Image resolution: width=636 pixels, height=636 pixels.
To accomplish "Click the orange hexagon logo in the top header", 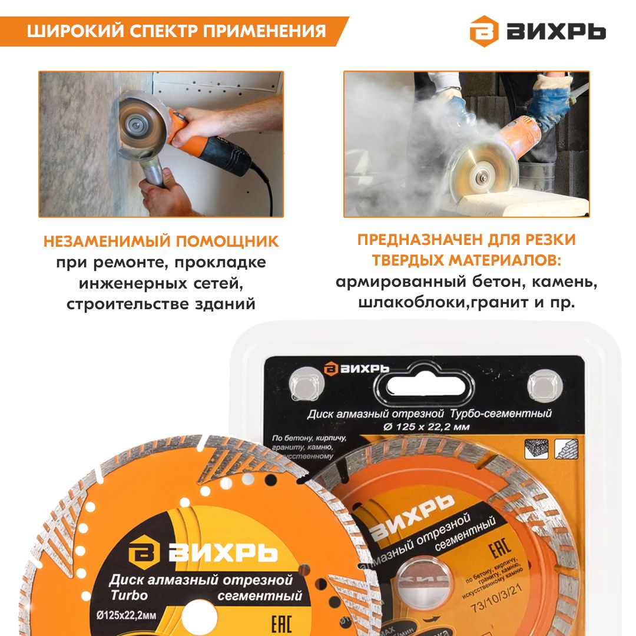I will click(x=483, y=31).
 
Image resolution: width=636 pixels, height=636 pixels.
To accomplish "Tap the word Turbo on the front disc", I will click(x=129, y=595).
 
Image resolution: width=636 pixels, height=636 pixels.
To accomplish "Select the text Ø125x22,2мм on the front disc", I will click(x=127, y=616).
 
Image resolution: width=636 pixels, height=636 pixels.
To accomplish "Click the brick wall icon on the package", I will click(x=566, y=449).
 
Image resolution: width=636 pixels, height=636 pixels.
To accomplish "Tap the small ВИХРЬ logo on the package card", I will click(x=356, y=368).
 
